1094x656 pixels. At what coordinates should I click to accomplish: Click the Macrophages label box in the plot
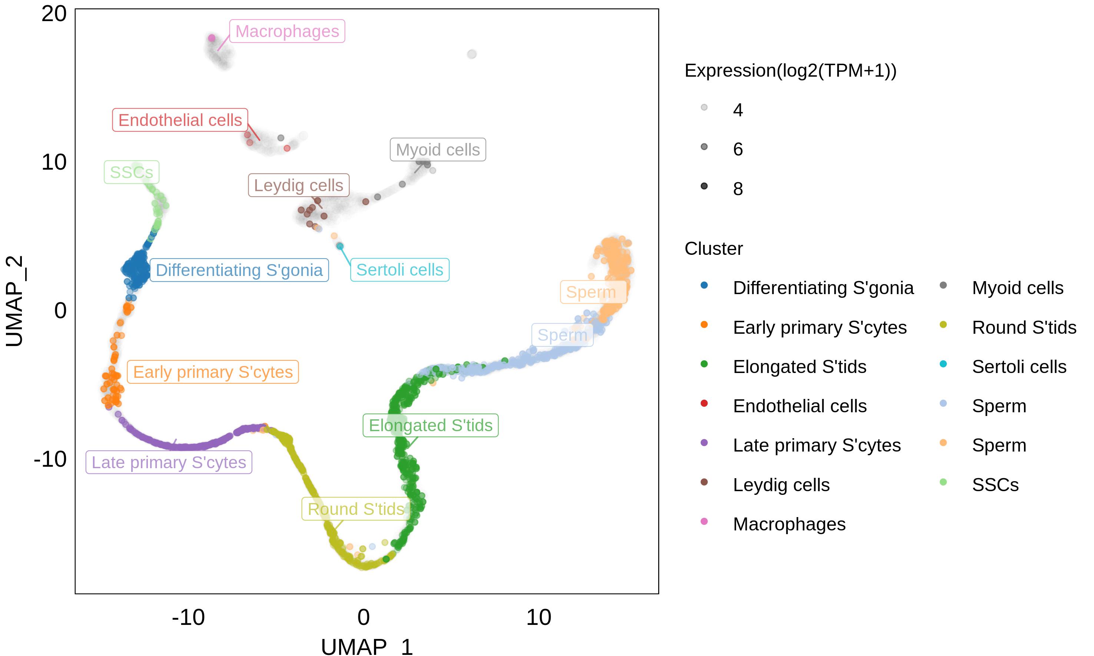[x=287, y=31]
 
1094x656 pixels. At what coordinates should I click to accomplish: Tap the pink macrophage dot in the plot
[x=212, y=38]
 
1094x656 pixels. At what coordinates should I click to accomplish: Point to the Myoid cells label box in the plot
[x=438, y=150]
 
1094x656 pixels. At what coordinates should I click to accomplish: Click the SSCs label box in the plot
[x=131, y=172]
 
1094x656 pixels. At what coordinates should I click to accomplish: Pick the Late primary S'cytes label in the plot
[x=169, y=462]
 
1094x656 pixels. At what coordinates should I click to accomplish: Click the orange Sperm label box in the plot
[x=593, y=292]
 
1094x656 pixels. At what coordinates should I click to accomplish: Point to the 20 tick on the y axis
[x=54, y=14]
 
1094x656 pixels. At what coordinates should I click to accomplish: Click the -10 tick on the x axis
[x=188, y=617]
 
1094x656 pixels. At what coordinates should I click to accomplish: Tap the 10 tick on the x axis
[x=538, y=617]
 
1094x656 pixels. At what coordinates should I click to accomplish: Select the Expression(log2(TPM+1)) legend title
[x=790, y=71]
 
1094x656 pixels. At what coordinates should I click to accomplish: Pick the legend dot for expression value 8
[x=704, y=186]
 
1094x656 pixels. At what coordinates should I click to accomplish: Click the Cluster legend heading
[x=713, y=249]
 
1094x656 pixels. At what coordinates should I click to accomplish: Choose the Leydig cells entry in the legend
[x=781, y=485]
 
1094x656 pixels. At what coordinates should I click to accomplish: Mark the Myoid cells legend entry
[x=1017, y=288]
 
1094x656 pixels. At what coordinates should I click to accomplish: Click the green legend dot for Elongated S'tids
[x=704, y=364]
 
